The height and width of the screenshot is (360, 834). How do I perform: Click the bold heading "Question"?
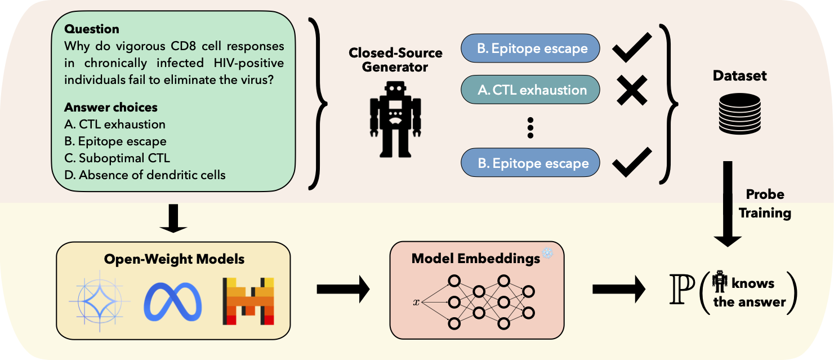pyautogui.click(x=92, y=29)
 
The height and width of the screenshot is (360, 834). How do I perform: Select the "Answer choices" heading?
pyautogui.click(x=111, y=107)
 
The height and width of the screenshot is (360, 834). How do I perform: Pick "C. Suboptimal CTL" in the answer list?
pyautogui.click(x=117, y=158)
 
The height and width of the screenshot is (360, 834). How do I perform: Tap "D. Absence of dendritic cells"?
pyautogui.click(x=145, y=175)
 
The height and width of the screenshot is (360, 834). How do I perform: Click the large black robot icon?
pyautogui.click(x=395, y=119)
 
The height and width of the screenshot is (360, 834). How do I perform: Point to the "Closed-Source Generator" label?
pyautogui.click(x=395, y=60)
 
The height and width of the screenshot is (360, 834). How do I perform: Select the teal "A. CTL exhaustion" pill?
pyautogui.click(x=530, y=90)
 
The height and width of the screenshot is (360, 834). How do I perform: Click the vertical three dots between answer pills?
pyautogui.click(x=530, y=128)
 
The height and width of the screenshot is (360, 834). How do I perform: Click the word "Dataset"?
pyautogui.click(x=739, y=75)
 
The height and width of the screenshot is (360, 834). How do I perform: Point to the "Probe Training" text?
pyautogui.click(x=765, y=203)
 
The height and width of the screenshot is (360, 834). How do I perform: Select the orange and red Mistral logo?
pyautogui.click(x=248, y=300)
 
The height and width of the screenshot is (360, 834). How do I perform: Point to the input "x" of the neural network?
pyautogui.click(x=416, y=303)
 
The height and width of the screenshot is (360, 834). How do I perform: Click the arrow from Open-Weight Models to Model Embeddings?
pyautogui.click(x=342, y=290)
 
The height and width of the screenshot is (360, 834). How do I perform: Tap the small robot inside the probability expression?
pyautogui.click(x=719, y=281)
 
